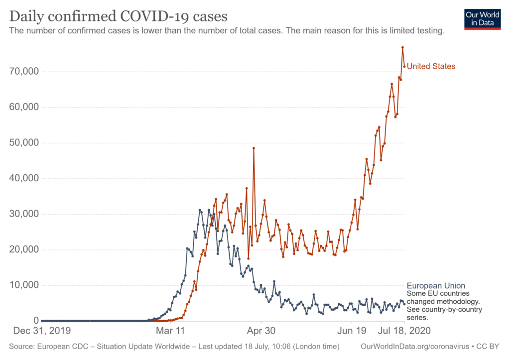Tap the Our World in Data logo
(x=482, y=18)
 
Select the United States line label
(x=431, y=66)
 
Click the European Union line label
(x=436, y=286)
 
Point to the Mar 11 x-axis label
(x=170, y=330)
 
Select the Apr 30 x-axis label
(x=261, y=330)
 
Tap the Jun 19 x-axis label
(x=352, y=330)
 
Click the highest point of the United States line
(x=402, y=47)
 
